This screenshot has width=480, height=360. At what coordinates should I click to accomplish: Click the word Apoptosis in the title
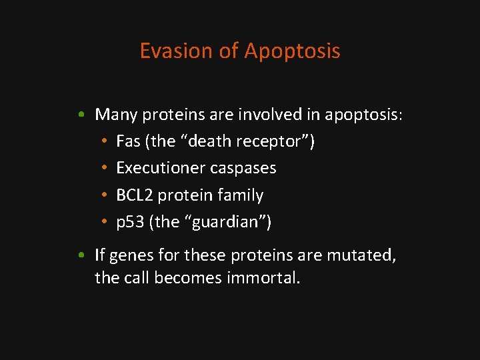[293, 51]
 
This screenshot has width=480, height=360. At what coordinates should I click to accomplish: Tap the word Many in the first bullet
[116, 115]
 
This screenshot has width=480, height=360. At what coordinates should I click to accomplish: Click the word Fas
[128, 141]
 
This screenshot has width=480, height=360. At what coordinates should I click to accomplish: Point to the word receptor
[278, 142]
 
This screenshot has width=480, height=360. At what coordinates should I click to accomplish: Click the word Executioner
[161, 168]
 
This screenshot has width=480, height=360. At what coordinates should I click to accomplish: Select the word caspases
[243, 169]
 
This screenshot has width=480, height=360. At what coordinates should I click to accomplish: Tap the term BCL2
[134, 195]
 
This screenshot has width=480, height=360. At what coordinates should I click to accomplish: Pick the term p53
[130, 222]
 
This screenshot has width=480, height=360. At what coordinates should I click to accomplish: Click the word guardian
[225, 223]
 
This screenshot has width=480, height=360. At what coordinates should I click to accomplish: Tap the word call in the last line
[136, 277]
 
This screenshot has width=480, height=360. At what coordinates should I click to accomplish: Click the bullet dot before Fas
[105, 142]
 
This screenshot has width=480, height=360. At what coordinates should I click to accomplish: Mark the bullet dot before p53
[105, 223]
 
